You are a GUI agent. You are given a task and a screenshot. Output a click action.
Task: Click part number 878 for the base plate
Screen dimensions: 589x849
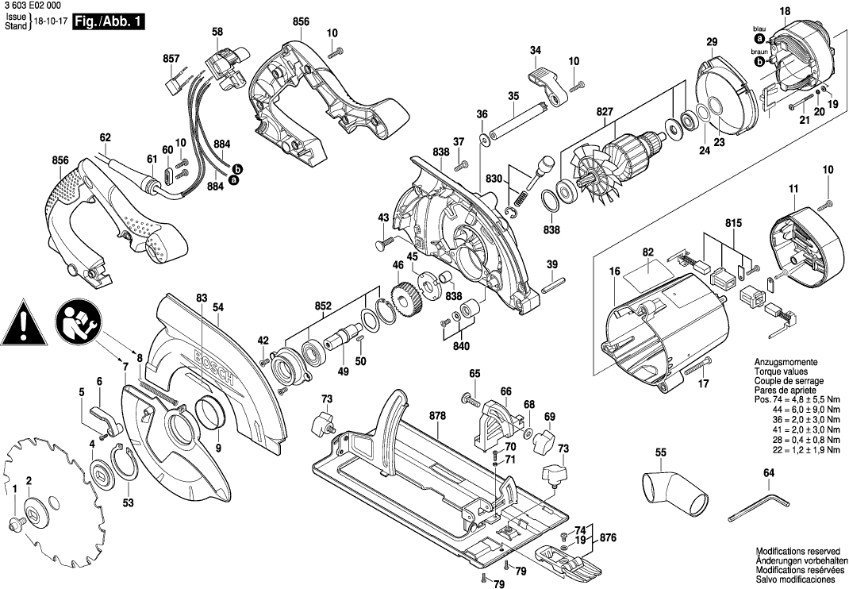(436, 416)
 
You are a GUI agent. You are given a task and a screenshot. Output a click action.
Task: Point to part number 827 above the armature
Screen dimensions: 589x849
(605, 113)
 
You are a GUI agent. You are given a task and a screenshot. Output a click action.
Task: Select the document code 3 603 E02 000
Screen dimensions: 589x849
(32, 6)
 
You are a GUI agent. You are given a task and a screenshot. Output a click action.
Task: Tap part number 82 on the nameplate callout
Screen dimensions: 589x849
(647, 252)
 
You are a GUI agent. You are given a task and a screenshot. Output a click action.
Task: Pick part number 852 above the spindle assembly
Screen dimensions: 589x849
(323, 305)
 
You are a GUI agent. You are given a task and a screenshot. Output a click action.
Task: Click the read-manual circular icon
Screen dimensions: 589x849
(76, 325)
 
